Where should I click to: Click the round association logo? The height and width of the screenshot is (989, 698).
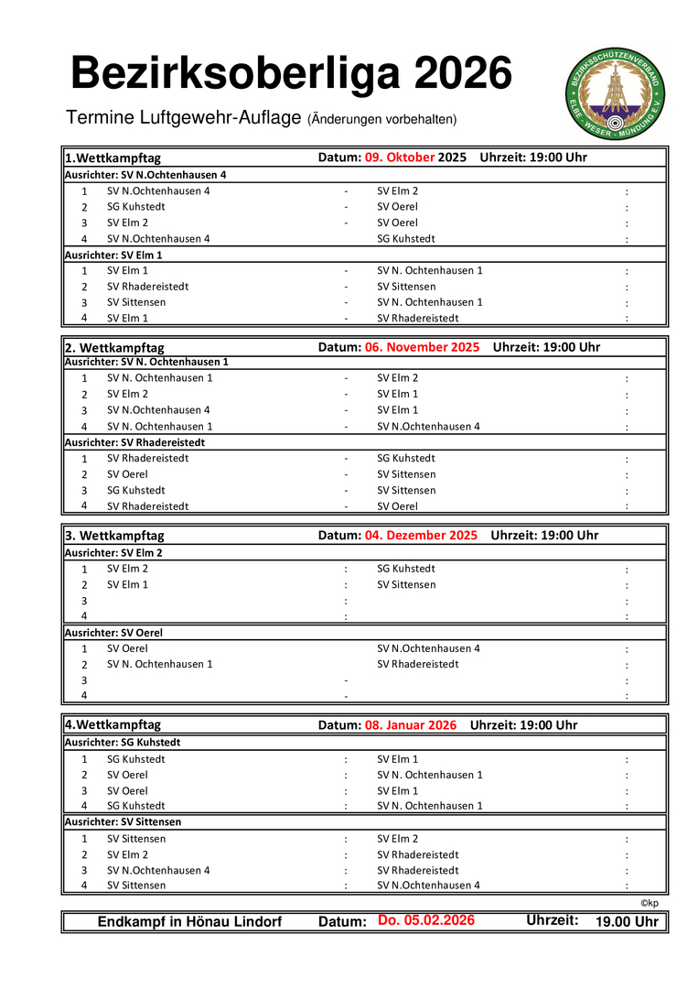[x=615, y=94]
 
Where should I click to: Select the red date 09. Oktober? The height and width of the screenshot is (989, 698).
[x=400, y=158]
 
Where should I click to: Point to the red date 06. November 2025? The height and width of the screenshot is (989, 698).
[x=422, y=347]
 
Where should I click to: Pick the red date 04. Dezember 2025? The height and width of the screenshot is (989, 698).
[x=421, y=536]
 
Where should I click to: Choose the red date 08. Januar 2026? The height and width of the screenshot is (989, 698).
[x=410, y=725]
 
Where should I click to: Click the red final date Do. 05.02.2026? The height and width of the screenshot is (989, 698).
[x=426, y=920]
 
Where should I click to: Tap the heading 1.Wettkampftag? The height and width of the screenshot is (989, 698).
[x=113, y=158]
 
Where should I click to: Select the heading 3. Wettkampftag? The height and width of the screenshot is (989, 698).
[x=114, y=536]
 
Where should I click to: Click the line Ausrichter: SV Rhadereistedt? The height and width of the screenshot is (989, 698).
[x=134, y=442]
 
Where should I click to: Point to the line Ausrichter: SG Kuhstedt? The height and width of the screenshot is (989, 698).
[x=123, y=743]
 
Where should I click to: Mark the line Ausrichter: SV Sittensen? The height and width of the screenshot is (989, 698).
[x=123, y=822]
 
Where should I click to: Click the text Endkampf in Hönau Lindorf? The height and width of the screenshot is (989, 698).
[x=189, y=922]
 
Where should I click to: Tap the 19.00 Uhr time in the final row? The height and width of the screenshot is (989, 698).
[x=627, y=922]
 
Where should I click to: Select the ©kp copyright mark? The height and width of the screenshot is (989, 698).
[x=649, y=903]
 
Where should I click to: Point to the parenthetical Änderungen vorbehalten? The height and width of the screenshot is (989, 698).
[x=381, y=120]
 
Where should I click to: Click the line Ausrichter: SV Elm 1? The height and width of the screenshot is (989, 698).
[x=113, y=255]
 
